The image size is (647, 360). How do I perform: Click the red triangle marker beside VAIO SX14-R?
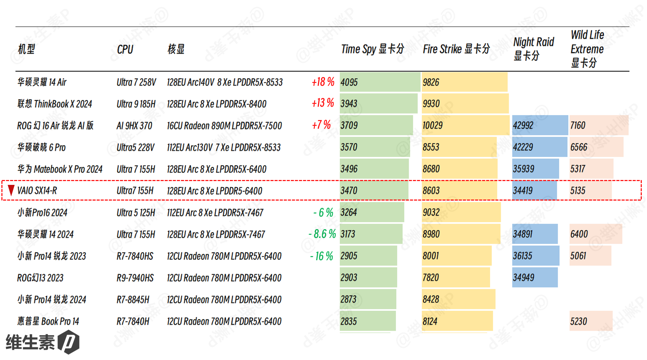(11, 190)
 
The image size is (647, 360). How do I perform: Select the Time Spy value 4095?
(349, 82)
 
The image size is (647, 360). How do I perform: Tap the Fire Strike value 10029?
(432, 125)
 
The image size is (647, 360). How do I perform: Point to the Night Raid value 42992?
(523, 125)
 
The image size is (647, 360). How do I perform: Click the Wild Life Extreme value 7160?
(578, 125)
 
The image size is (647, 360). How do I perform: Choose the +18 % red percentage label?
(323, 82)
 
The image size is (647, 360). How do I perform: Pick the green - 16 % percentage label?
(321, 256)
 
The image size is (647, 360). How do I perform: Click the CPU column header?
(125, 49)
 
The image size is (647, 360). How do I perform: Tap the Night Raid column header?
(533, 49)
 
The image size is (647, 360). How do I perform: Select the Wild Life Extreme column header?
(587, 49)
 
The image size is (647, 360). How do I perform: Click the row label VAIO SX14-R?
(37, 190)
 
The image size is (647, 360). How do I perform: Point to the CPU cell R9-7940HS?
(135, 278)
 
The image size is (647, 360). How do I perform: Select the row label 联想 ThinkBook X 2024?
(54, 104)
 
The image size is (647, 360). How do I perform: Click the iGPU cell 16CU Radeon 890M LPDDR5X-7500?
(224, 126)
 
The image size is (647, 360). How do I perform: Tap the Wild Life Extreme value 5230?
(578, 321)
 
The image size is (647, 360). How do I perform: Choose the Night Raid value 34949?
(523, 278)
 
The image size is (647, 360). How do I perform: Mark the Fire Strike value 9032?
(431, 212)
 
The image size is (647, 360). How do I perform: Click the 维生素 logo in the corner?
(42, 342)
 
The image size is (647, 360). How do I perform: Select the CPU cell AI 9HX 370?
(134, 126)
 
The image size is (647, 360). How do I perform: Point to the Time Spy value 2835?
(348, 321)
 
